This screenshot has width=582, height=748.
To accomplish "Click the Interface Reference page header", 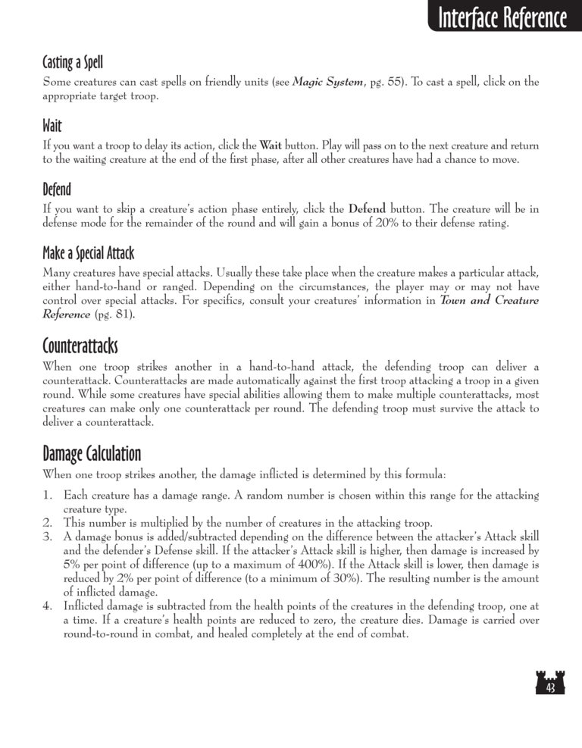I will point(502,18).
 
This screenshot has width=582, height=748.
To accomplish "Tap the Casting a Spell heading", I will point(73,61).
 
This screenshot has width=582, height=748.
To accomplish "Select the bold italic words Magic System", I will point(327,82).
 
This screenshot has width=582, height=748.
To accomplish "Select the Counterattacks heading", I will point(80,348).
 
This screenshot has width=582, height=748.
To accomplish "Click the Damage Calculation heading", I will point(92,455).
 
